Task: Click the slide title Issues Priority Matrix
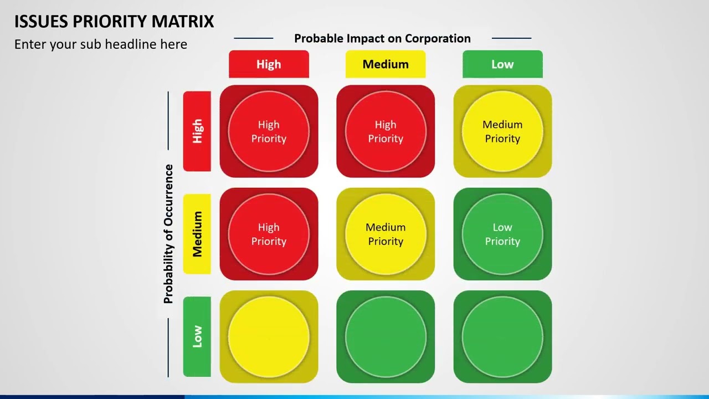114,22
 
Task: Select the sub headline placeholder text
101,44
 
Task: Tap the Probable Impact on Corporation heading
382,38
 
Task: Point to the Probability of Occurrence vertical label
168,234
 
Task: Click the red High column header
269,64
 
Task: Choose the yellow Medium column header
386,64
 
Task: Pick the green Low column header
502,64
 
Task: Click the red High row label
197,131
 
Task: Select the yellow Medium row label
197,234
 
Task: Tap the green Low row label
197,336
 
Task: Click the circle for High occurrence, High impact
269,131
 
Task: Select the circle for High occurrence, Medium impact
386,131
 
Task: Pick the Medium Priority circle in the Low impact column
502,131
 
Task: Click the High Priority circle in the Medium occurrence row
269,234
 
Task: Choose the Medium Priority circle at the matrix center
386,234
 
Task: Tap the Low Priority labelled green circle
502,234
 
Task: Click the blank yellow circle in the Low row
269,336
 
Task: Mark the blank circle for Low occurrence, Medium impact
386,336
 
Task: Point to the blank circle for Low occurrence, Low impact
502,336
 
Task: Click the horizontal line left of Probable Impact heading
254,38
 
